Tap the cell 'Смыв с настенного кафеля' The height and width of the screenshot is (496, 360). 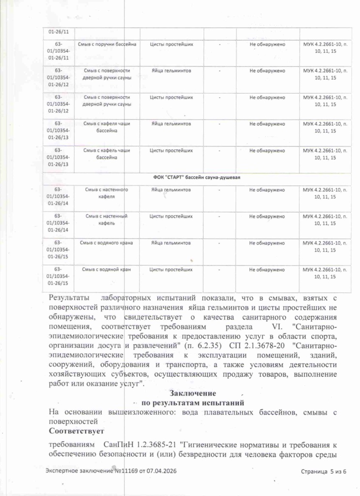pos(106,193)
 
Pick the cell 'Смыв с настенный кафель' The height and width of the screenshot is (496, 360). pos(106,219)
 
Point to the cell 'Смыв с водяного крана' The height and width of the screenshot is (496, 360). pos(109,242)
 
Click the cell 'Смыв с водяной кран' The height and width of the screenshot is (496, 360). pos(106,269)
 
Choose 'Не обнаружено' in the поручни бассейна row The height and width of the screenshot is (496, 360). pos(267,45)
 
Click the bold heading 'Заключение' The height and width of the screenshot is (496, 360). pos(192,393)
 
